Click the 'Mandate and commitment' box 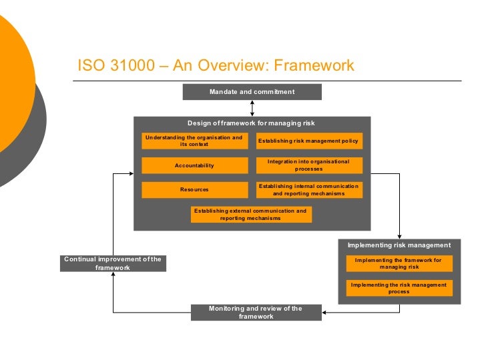252,92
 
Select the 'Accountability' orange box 194,165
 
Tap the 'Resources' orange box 194,190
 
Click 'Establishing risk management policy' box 308,141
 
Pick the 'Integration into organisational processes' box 308,165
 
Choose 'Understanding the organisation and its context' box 194,141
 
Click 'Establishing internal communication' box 308,190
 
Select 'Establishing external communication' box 250,214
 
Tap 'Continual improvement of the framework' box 113,263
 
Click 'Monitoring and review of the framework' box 256,313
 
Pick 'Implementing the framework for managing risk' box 399,263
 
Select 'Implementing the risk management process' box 399,288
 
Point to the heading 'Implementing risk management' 399,245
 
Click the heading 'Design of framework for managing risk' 251,123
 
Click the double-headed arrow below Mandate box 252,109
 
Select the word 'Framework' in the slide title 314,66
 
